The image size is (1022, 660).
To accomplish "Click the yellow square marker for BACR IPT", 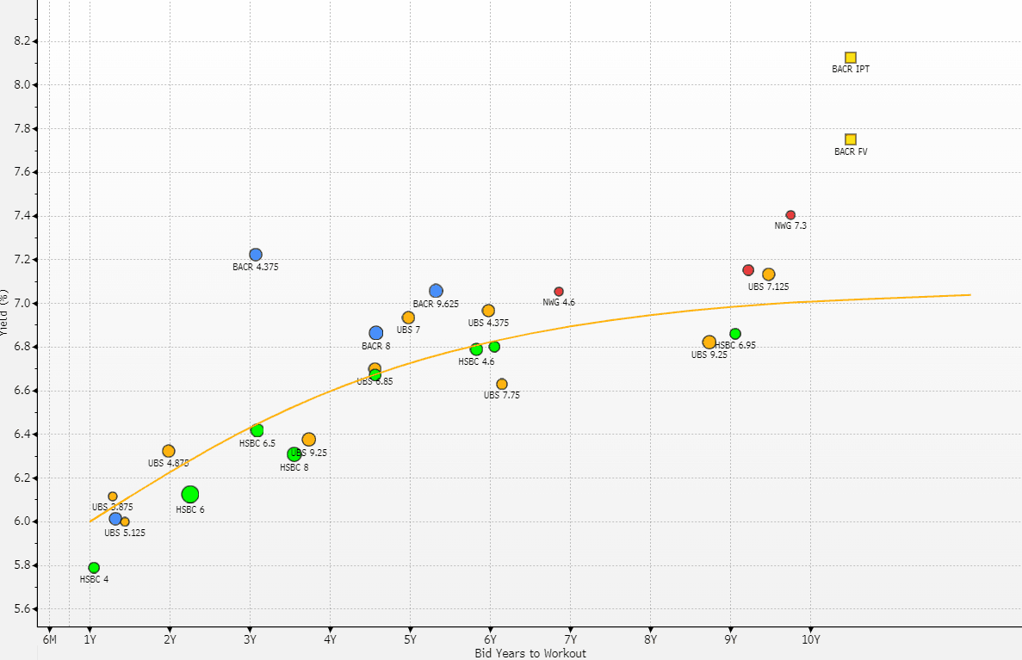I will click(851, 58).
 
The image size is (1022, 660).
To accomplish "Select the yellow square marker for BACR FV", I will click(851, 139).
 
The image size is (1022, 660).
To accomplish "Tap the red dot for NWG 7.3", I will click(790, 215).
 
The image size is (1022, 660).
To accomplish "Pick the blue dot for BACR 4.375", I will click(256, 255).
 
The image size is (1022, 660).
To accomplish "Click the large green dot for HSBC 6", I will click(190, 494).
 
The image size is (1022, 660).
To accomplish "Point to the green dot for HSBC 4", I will click(94, 568).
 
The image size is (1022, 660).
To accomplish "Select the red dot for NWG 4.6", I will click(559, 292).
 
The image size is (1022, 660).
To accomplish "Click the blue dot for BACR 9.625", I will click(436, 291).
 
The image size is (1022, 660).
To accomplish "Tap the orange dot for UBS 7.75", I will click(502, 385).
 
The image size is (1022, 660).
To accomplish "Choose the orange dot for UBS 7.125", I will click(769, 274).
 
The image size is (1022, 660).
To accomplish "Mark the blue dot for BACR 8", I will click(376, 333).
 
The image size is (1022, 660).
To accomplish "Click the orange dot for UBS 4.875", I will click(169, 451).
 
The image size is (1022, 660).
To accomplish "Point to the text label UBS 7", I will click(408, 330).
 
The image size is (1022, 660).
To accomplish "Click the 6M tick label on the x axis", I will click(50, 639).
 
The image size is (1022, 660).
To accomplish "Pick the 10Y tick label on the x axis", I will click(810, 639).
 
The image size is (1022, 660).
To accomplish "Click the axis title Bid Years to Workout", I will click(530, 653).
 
